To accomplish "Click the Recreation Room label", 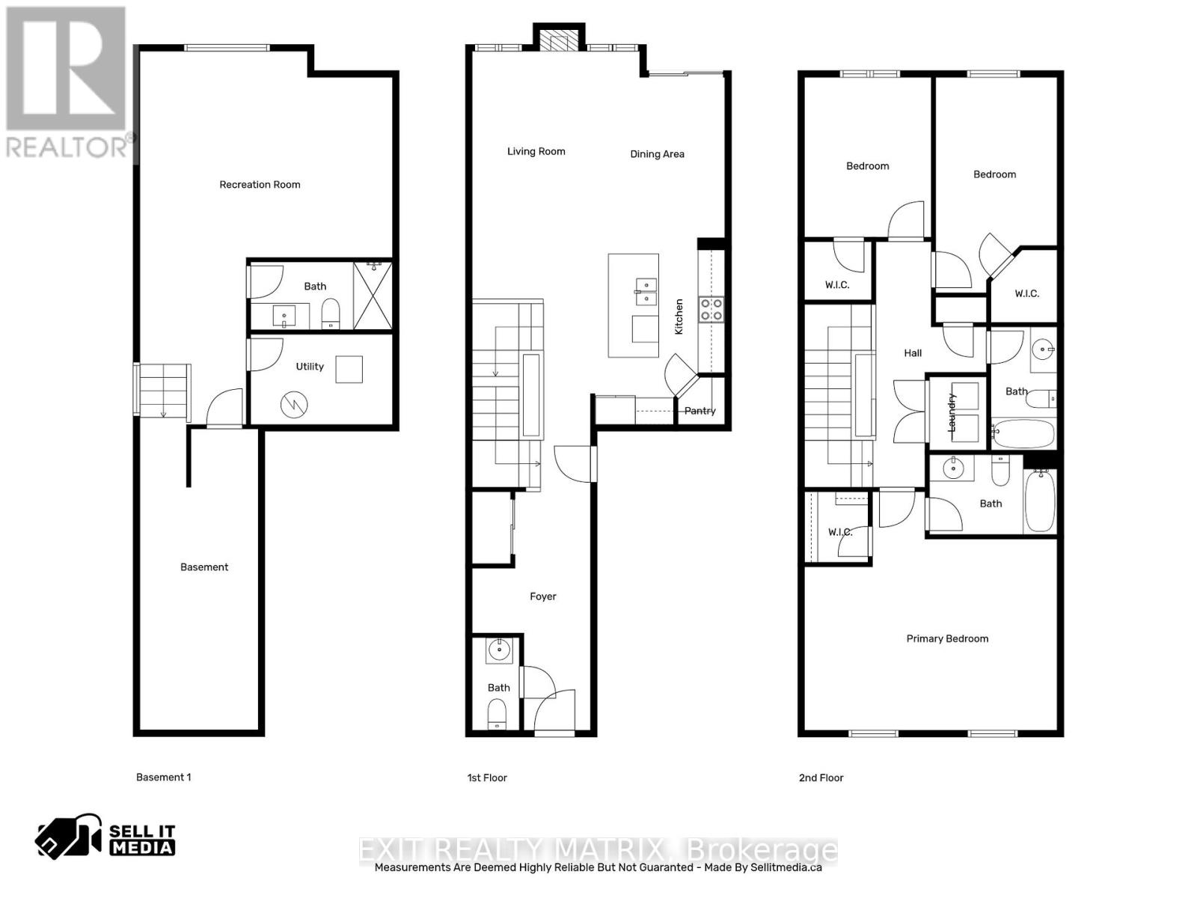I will coord(260,185).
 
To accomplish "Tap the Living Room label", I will coord(536,151).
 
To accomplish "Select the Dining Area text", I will coord(657,154).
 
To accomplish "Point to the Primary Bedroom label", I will coord(947,638).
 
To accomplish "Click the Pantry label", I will coord(699,411).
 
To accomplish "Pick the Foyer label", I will coord(542,596).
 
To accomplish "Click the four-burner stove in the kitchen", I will coord(711,309).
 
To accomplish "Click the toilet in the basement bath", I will coord(331,314).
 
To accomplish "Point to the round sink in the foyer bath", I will coord(498,650).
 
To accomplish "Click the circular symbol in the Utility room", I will coord(294,406).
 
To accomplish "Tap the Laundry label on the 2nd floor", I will coord(952,412).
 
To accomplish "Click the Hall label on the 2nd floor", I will coord(913,353).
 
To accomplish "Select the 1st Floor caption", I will coord(487,778).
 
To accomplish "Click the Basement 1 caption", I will coord(163,778).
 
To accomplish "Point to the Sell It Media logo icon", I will coord(69,836).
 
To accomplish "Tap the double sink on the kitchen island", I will coord(645,291).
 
